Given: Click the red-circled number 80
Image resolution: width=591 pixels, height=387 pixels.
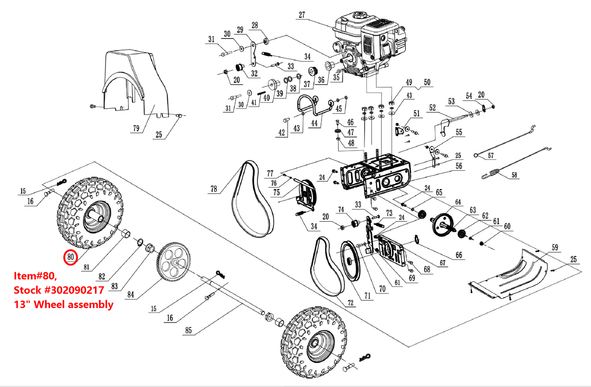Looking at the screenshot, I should point(71,257).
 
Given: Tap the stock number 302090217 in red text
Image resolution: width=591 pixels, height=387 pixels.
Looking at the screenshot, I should point(74,290).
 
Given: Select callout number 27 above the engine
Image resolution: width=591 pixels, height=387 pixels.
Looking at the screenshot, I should point(302,15).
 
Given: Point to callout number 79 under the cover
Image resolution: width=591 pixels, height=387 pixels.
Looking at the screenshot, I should point(136,128).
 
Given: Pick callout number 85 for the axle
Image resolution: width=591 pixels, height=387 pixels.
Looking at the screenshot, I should point(189,330).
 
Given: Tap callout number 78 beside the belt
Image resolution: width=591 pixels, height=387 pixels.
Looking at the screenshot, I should point(214,189).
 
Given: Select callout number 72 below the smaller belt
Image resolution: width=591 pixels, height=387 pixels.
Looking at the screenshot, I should point(350,303).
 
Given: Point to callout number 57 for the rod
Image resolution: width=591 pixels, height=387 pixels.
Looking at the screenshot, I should point(491,156).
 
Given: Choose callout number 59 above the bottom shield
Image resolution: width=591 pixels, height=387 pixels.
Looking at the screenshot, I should point(555,247).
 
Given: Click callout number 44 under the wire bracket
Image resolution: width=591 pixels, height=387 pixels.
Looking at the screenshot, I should point(314,123).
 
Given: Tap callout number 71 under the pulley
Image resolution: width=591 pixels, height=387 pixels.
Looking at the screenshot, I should point(367,296).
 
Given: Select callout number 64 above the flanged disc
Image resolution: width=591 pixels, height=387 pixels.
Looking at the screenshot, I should point(458,202).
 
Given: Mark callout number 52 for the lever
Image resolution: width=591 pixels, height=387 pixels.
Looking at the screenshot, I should point(433,108).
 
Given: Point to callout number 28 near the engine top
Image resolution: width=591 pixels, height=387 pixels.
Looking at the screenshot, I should point(255,25).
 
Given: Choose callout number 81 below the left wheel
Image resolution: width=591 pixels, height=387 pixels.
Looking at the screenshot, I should point(87,267).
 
